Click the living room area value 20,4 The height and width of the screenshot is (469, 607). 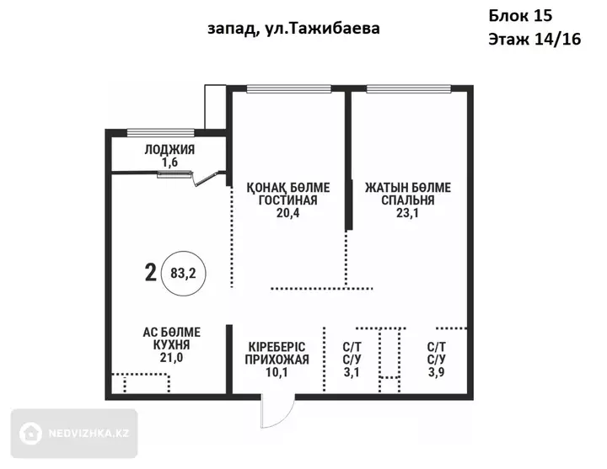tap(287, 213)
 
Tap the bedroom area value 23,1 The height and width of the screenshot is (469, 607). tap(407, 213)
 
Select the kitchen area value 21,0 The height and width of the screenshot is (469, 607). tap(171, 358)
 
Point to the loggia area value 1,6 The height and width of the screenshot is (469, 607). tap(169, 163)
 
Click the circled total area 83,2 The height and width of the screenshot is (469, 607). tap(183, 274)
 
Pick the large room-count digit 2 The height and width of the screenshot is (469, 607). tap(151, 273)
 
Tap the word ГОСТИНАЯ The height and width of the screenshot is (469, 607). tap(287, 200)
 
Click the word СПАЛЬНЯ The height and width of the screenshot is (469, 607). tap(408, 200)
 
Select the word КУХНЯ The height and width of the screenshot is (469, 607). tap(171, 345)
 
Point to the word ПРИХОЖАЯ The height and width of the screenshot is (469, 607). tap(277, 360)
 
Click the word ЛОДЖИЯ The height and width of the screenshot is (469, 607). tap(169, 150)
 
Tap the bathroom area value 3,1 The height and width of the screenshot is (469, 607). tap(352, 372)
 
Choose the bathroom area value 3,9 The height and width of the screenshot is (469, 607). tap(437, 372)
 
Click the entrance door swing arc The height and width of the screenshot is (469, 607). tap(287, 418)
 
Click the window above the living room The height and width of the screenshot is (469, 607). tap(289, 89)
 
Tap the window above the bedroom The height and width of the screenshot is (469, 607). tap(409, 89)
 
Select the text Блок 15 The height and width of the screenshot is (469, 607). tap(520, 16)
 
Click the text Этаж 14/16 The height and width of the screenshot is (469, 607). tap(534, 39)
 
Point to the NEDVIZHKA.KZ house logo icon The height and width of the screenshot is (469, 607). tap(30, 433)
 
